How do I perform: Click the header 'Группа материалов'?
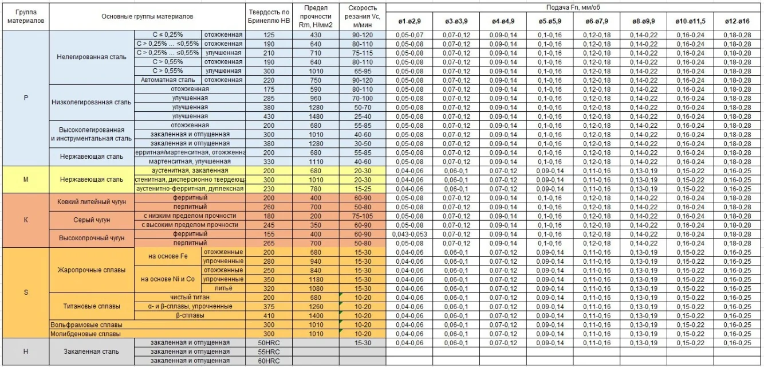tap(25, 17)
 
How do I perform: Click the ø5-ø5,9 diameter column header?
tap(551, 21)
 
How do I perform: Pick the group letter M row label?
tap(25, 179)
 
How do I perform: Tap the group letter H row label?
tap(25, 351)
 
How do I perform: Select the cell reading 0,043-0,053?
tap(409, 234)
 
